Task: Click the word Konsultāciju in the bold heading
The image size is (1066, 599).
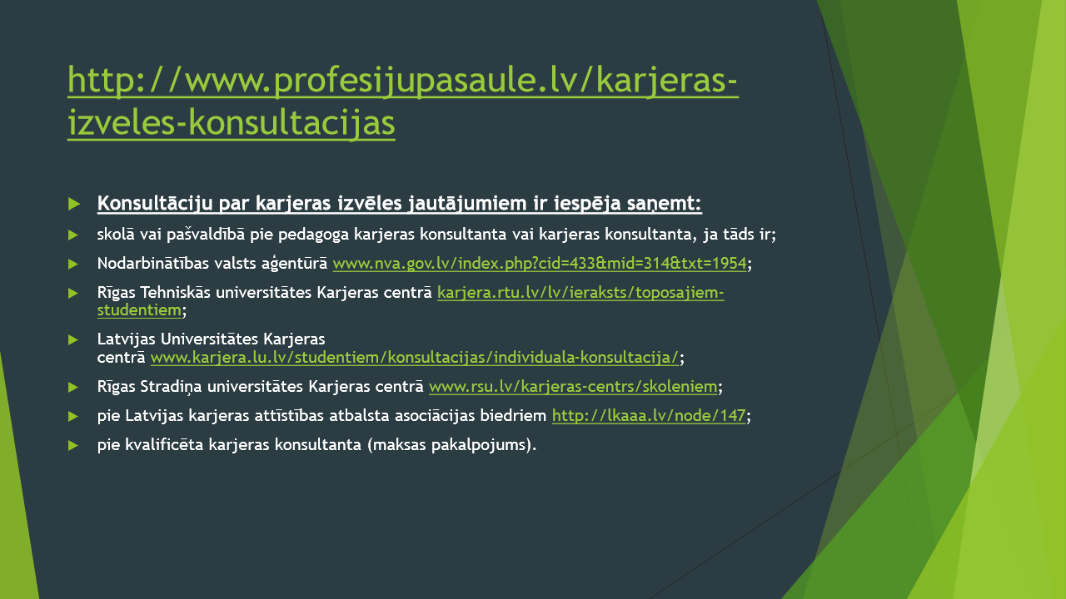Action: pos(155,204)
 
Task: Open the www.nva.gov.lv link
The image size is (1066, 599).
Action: pos(540,264)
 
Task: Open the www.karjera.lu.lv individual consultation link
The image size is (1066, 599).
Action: pos(415,358)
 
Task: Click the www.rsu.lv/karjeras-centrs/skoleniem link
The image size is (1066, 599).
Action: pos(573,387)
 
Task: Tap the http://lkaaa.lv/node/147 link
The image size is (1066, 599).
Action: pos(649,416)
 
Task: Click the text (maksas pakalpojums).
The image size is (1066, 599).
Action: pos(451,445)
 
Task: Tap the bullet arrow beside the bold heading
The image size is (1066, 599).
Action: pos(74,204)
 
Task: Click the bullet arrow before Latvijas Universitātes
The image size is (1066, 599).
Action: pos(72,340)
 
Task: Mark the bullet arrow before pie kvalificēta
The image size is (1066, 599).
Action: pos(72,445)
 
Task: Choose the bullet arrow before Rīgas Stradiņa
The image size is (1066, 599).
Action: pos(72,388)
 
